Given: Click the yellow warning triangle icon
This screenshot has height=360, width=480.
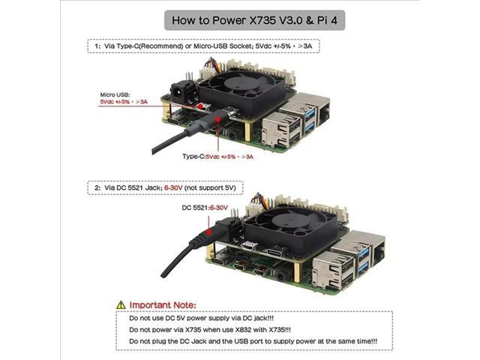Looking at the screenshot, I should tap(121, 305).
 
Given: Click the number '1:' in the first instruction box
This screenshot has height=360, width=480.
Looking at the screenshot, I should tap(97, 46).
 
